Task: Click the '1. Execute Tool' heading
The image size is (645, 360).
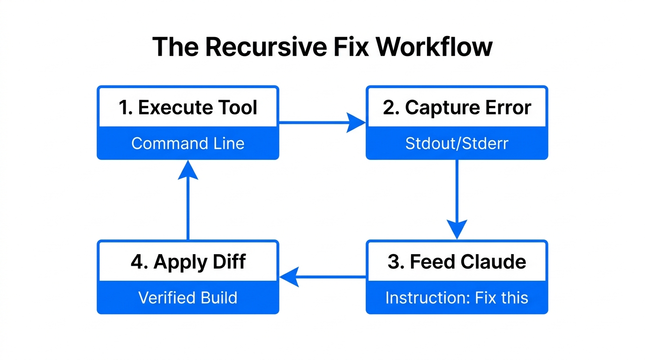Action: click(187, 107)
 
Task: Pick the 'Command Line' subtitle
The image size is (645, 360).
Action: click(187, 143)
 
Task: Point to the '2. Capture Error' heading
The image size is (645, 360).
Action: click(457, 107)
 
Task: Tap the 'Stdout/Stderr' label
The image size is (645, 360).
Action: click(457, 143)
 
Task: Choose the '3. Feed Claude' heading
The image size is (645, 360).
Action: click(457, 262)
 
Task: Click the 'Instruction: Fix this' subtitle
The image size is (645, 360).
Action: click(457, 298)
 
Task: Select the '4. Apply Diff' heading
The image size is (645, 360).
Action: click(187, 262)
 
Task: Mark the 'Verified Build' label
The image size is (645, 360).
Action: click(187, 298)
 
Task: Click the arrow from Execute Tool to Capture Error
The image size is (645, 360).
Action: click(322, 123)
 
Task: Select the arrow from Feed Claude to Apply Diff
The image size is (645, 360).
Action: click(322, 277)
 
